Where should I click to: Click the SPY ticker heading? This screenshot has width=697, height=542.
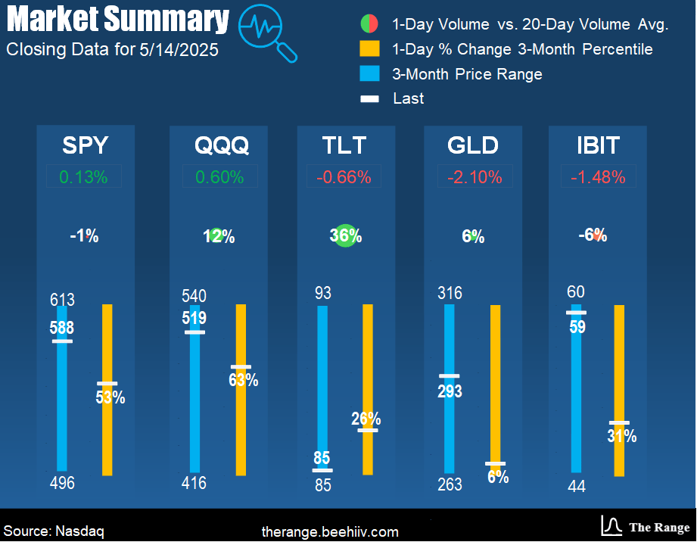coord(85,145)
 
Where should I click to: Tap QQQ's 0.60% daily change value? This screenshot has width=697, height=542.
coord(220,177)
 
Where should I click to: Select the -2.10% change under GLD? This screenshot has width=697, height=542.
coord(475,177)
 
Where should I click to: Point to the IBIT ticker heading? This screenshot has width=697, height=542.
coord(597,145)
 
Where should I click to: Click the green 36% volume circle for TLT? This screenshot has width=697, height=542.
coord(345,235)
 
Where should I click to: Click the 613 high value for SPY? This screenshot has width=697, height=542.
coord(63,299)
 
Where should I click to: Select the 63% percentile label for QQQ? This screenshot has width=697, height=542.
coord(243,380)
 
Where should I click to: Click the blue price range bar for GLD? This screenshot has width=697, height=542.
coord(450,424)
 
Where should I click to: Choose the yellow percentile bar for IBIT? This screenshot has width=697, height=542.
coord(619,363)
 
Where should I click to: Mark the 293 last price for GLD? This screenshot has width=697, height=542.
coord(450,391)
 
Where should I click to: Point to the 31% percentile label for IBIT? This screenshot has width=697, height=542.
coord(621,436)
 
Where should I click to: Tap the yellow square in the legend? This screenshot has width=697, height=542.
coord(369,49)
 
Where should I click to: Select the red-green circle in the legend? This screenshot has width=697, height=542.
coord(369,24)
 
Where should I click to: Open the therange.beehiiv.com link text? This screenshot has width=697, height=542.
coord(329,531)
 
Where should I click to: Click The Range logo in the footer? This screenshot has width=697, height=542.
coord(646,527)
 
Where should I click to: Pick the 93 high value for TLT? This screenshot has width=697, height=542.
coord(323,293)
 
